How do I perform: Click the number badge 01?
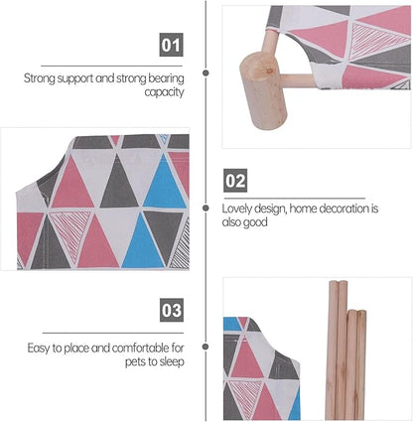(171, 45)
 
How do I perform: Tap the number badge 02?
(235, 181)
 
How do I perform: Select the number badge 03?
(172, 310)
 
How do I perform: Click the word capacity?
(164, 92)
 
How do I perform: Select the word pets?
(135, 362)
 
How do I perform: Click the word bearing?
(166, 79)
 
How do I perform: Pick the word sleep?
(172, 362)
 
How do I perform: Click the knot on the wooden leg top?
(269, 70)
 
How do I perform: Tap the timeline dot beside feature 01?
(206, 72)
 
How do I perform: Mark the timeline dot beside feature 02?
(206, 208)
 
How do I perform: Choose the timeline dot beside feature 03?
(206, 347)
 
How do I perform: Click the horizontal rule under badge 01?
(112, 66)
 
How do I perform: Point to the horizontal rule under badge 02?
(295, 199)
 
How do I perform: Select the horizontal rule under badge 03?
(113, 333)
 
